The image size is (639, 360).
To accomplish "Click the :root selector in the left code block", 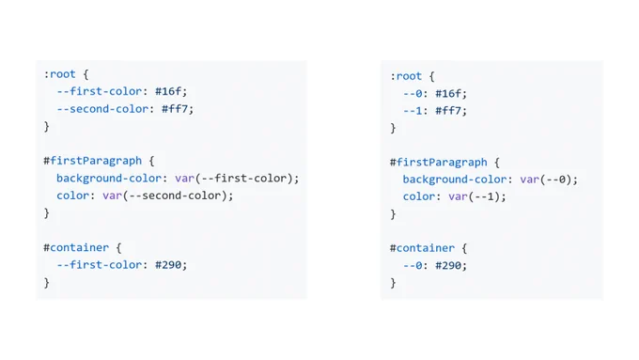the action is tap(60, 74).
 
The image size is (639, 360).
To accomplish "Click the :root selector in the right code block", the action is tap(406, 76).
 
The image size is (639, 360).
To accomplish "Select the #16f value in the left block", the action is tap(168, 91).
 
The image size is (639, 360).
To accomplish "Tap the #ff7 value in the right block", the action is tap(448, 111).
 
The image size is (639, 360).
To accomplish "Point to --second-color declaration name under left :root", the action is tap(102, 109).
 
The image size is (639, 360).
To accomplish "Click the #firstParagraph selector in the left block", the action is tap(93, 161).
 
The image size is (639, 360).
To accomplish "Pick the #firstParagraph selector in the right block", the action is tap(439, 163).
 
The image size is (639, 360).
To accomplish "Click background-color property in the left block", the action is tap(109, 179).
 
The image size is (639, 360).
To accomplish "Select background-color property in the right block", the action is tap(455, 180).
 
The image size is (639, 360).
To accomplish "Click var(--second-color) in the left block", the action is tap(165, 196).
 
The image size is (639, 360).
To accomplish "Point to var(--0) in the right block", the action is tap(546, 180).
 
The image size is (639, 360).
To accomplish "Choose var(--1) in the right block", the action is tap(474, 196).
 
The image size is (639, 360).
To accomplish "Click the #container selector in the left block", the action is tap(76, 247).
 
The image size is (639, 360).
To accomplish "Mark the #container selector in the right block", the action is tap(422, 248).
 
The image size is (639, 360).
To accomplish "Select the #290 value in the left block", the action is tap(168, 265).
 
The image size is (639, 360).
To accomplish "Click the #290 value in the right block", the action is tap(448, 266).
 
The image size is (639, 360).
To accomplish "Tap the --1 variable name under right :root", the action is tap(413, 111).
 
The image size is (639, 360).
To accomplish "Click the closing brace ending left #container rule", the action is tap(46, 283).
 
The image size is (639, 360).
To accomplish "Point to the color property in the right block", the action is tap(418, 196).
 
